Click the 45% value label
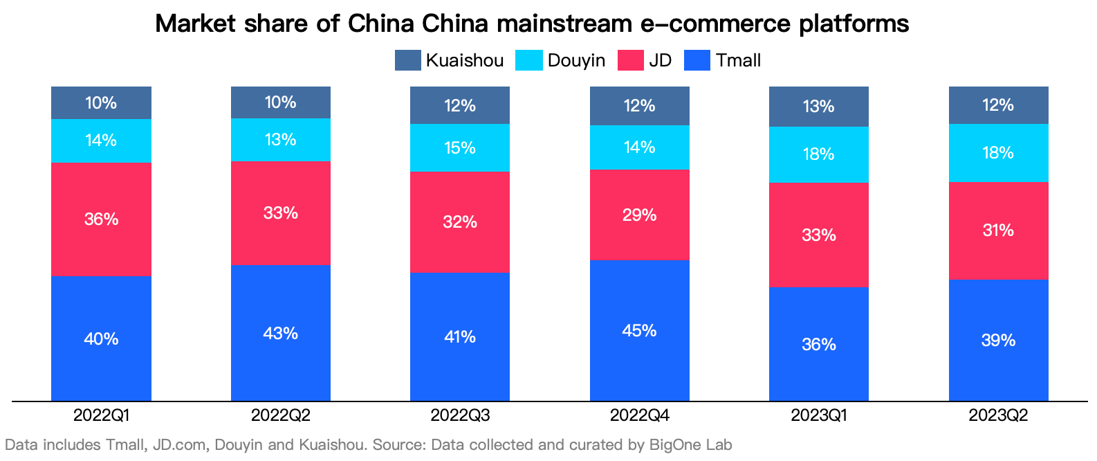[639, 331]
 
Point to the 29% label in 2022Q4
[639, 215]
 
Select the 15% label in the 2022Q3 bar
[460, 148]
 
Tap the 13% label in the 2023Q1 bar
[819, 107]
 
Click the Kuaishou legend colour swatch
[407, 60]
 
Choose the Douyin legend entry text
[576, 60]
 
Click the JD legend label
[661, 60]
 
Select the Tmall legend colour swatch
[697, 60]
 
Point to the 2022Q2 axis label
[280, 415]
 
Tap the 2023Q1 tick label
[819, 415]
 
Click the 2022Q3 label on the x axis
[460, 415]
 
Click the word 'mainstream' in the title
[564, 24]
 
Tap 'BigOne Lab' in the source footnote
[690, 445]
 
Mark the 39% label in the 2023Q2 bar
[998, 341]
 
